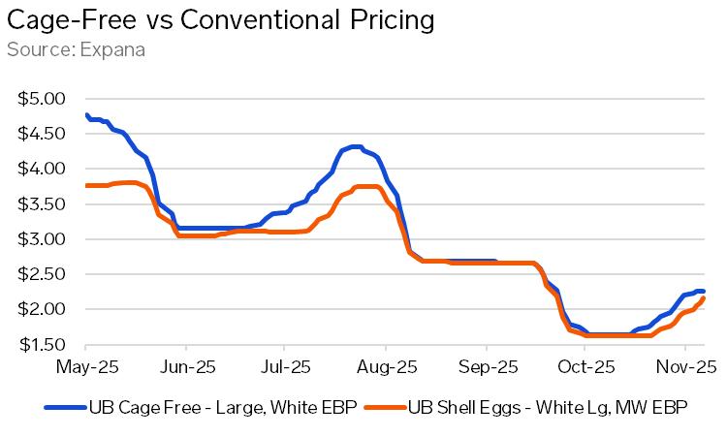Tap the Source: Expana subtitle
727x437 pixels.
[76, 49]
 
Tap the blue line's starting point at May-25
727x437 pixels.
[86, 115]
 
